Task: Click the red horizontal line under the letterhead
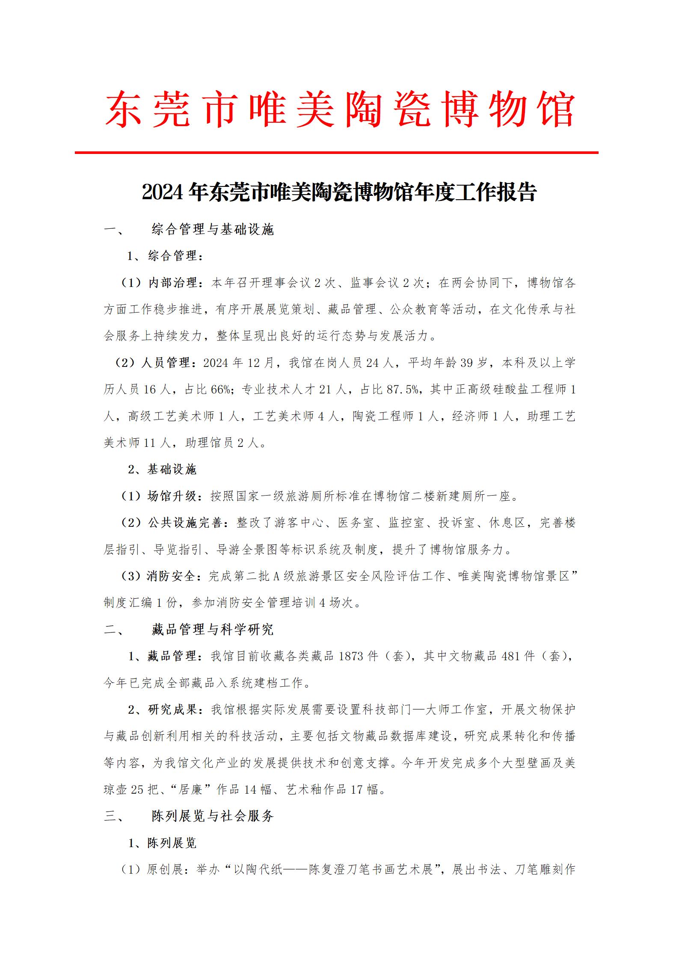(336, 152)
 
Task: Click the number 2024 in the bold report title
(162, 192)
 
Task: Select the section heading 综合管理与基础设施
(213, 230)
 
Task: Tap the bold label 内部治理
(172, 283)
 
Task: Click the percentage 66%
(220, 389)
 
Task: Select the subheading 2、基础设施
(162, 470)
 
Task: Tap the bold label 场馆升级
(172, 496)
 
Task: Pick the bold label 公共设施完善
(185, 523)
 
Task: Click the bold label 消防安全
(172, 576)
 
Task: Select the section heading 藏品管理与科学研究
(213, 629)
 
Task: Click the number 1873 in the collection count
(350, 656)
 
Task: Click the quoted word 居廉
(191, 789)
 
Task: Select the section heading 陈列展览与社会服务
(213, 816)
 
